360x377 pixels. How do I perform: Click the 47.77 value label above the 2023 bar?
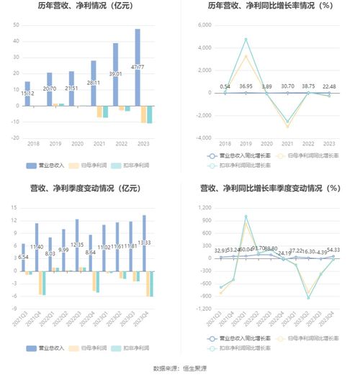[x=137, y=66]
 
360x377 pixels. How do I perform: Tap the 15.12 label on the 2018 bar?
[x=27, y=93]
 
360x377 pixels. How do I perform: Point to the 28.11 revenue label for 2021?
[x=93, y=83]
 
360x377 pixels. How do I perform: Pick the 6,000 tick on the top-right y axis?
[x=203, y=24]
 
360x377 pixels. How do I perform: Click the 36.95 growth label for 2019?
[x=246, y=86]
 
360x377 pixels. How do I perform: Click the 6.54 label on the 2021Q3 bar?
[x=24, y=257]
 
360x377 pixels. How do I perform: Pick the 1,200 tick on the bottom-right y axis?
[x=203, y=208]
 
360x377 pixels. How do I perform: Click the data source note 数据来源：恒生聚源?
[x=179, y=368]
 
